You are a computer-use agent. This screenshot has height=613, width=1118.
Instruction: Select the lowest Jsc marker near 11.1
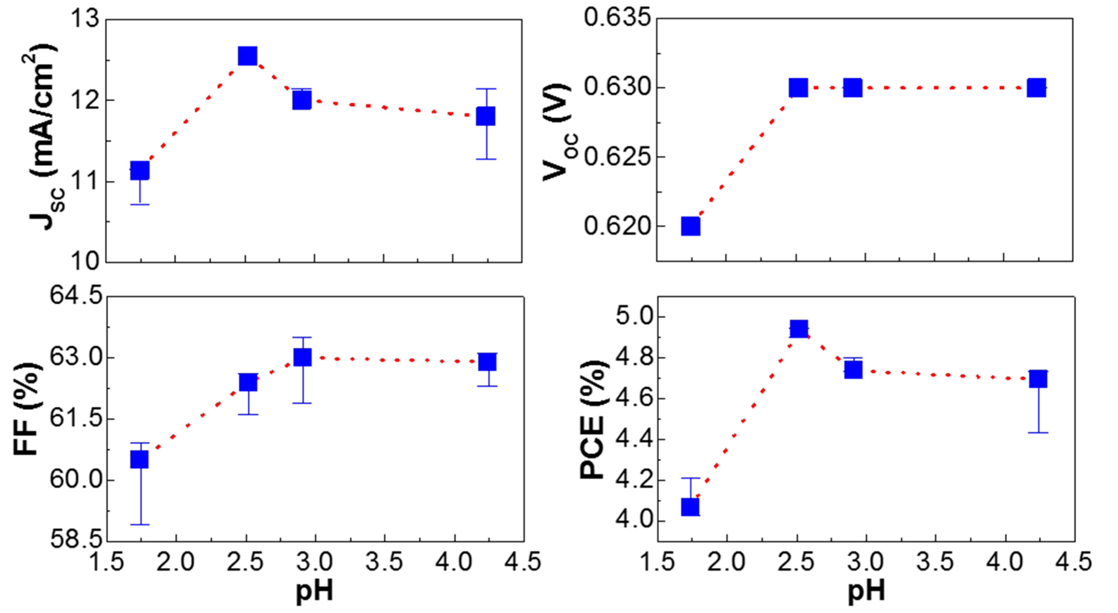(140, 170)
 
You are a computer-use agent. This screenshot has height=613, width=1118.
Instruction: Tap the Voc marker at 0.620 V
(691, 226)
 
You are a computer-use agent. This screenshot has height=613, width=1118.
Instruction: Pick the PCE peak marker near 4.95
(799, 328)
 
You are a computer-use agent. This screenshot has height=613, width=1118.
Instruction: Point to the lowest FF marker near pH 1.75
(139, 459)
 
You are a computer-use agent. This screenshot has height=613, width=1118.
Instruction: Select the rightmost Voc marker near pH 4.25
(1037, 88)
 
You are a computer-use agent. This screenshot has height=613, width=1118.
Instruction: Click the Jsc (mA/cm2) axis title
(43, 137)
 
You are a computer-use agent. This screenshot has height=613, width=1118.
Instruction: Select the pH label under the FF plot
(314, 591)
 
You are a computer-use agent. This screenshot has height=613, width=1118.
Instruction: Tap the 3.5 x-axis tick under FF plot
(384, 562)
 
